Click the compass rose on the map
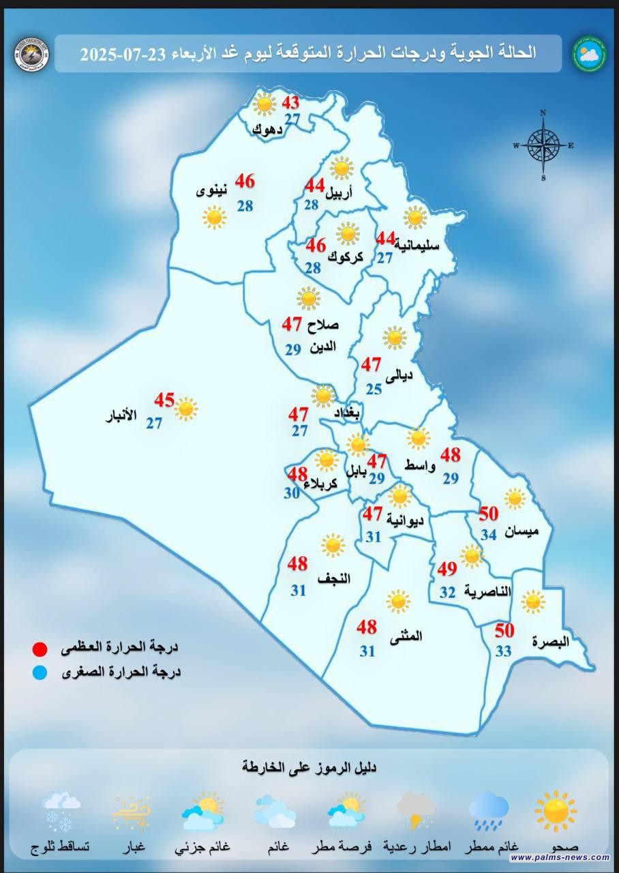pyautogui.click(x=543, y=145)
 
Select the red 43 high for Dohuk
pyautogui.click(x=291, y=104)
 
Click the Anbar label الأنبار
pyautogui.click(x=121, y=415)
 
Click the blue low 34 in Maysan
pyautogui.click(x=489, y=535)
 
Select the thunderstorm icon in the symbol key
pyautogui.click(x=417, y=810)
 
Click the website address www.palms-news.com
pyautogui.click(x=559, y=857)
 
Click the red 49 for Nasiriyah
pyautogui.click(x=447, y=568)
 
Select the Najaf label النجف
pyautogui.click(x=334, y=578)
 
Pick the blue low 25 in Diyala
pyautogui.click(x=374, y=389)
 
